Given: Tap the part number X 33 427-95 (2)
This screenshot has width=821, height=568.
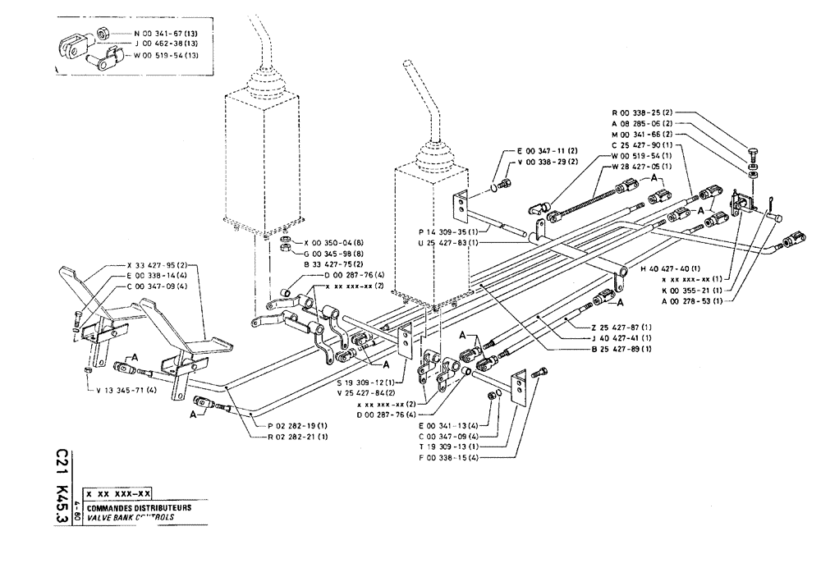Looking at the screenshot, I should click(x=158, y=265).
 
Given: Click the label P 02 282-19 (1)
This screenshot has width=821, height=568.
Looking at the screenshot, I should click(x=287, y=426).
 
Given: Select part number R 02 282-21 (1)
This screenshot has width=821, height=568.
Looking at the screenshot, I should click(x=287, y=437).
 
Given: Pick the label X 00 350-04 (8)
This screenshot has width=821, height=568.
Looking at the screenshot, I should click(x=333, y=243).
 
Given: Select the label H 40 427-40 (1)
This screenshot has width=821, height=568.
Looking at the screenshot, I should click(x=669, y=268).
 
